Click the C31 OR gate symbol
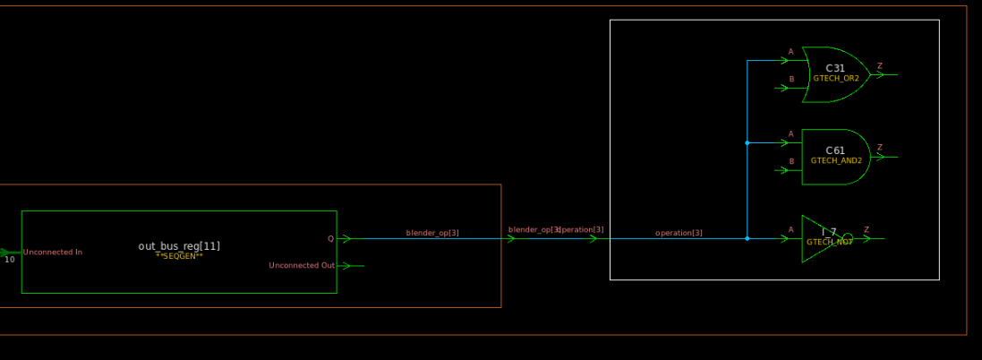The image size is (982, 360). [836, 73]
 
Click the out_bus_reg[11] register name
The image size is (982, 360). [179, 245]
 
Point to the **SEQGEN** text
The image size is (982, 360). [179, 256]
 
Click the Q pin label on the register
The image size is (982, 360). [330, 238]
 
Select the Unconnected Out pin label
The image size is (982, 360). [302, 265]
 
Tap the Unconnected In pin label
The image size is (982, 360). [53, 253]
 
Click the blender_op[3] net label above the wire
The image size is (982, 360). [432, 233]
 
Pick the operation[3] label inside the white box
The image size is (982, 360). [679, 233]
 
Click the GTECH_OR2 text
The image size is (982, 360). [836, 79]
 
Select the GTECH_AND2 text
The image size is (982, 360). [836, 161]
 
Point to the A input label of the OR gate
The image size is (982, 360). [790, 52]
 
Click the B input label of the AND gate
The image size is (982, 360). [790, 161]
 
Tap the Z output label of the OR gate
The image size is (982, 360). [879, 65]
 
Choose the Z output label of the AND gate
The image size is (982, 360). [879, 148]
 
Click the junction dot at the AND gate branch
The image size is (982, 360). [747, 142]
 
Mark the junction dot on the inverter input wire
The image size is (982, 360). [747, 238]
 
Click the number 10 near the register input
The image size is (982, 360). [10, 260]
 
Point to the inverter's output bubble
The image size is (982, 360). [848, 238]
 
